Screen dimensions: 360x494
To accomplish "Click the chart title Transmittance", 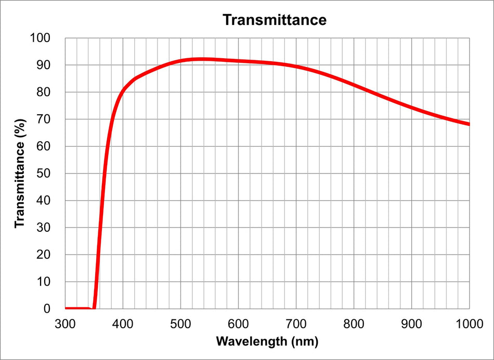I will pyautogui.click(x=274, y=20).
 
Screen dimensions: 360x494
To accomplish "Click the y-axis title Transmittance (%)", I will pyautogui.click(x=20, y=174).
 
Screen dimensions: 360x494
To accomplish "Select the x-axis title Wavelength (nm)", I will pyautogui.click(x=267, y=341).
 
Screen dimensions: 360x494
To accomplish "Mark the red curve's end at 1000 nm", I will pyautogui.click(x=469, y=124).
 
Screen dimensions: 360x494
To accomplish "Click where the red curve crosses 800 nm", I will pyautogui.click(x=354, y=85).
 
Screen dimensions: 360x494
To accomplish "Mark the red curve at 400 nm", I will pyautogui.click(x=123, y=91).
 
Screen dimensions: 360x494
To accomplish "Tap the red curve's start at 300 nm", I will pyautogui.click(x=66, y=309).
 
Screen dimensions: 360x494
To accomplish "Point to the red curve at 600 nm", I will pyautogui.click(x=238, y=61).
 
